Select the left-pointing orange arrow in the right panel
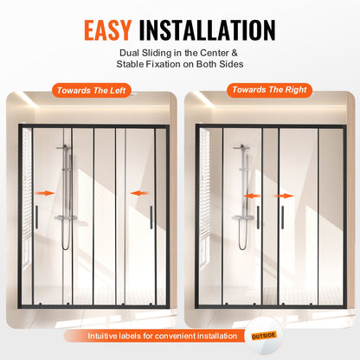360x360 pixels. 252,196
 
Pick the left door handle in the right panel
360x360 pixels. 257,216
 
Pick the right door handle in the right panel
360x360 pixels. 278,216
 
